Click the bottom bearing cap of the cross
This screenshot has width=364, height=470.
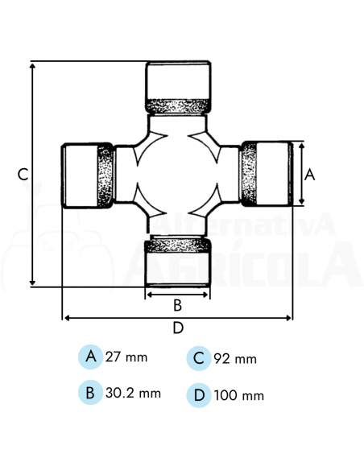(x=178, y=266)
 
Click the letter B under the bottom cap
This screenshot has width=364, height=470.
(x=178, y=305)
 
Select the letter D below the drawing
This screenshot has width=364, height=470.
(x=178, y=328)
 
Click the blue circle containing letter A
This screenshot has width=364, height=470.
(x=91, y=356)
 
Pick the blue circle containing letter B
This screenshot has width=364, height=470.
(x=91, y=393)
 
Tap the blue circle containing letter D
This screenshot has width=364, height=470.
(x=198, y=395)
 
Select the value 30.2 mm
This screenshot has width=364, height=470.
(x=134, y=393)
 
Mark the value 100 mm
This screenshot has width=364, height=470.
(x=239, y=395)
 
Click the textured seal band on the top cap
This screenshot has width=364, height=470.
(x=178, y=105)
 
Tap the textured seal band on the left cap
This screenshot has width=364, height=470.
(x=105, y=176)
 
